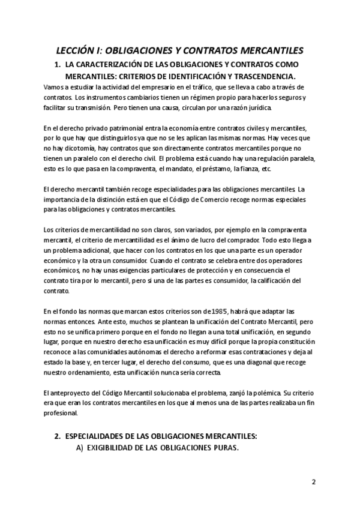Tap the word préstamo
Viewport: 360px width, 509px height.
point(209,169)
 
